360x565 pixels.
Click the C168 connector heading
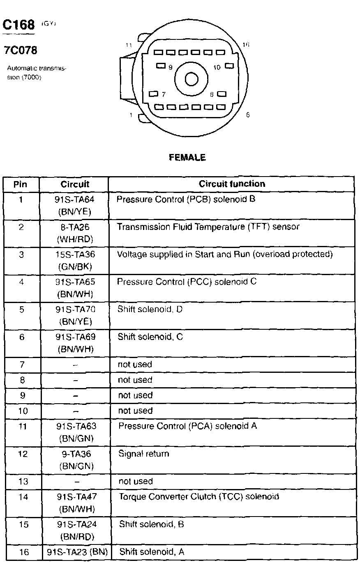pos(19,25)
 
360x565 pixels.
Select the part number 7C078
pos(21,51)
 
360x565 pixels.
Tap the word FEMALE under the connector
pos(187,157)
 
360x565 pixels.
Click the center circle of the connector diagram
pos(192,79)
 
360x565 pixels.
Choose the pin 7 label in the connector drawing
pos(163,94)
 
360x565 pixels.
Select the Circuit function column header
pos(232,184)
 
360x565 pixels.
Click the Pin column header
pos(21,184)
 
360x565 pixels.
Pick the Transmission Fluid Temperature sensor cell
pos(208,227)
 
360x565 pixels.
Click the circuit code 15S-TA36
pos(75,255)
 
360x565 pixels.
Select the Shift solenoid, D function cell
pos(150,309)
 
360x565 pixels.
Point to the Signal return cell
pos(144,454)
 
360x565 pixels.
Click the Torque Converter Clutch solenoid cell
pos(199,496)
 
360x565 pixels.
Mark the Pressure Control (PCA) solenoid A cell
pos(187,426)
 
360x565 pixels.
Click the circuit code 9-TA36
pos(76,454)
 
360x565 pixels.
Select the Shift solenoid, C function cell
pos(150,337)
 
